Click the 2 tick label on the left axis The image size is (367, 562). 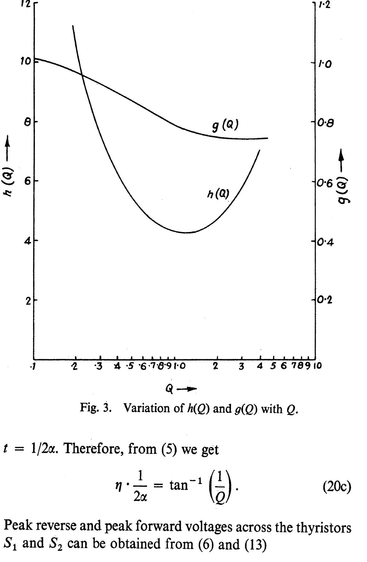[x=27, y=300]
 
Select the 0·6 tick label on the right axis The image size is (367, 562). [x=325, y=183]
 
